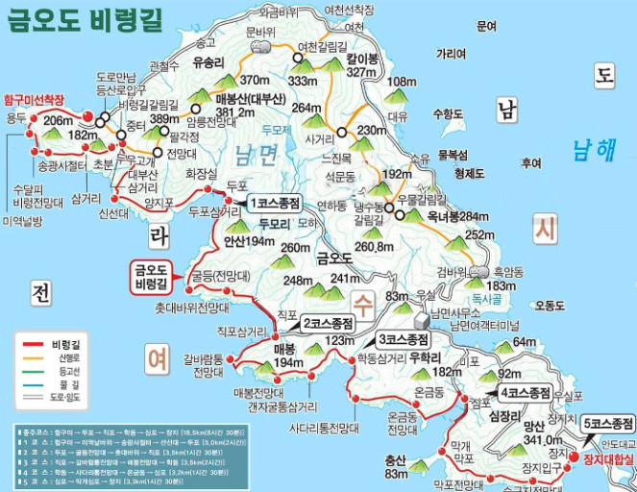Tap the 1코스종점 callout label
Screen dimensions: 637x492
(x=275, y=204)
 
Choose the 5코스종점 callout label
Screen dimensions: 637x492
(x=607, y=424)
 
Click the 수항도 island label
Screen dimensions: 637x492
(x=448, y=113)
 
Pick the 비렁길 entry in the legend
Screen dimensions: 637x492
(x=68, y=343)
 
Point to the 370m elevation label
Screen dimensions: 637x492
(x=255, y=80)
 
